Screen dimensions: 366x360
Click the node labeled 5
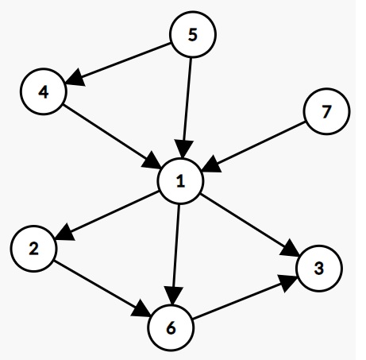(193, 34)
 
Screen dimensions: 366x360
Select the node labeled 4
(44, 91)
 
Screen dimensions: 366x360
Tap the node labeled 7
(327, 111)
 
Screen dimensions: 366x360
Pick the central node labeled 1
(180, 181)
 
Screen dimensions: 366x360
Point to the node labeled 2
(33, 249)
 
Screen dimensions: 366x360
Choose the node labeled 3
(320, 269)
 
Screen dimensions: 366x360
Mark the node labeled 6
(171, 328)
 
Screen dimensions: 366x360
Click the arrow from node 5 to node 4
(118, 64)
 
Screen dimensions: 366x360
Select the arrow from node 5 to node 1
(187, 108)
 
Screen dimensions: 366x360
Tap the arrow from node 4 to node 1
(112, 136)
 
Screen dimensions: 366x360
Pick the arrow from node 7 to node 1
(253, 146)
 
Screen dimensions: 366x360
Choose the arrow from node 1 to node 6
(175, 254)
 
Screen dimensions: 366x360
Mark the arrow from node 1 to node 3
(250, 225)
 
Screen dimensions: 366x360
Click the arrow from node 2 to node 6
(102, 288)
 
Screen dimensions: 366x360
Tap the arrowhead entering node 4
(75, 78)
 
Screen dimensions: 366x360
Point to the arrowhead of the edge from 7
(211, 165)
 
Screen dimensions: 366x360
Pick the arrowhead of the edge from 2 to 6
(141, 309)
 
